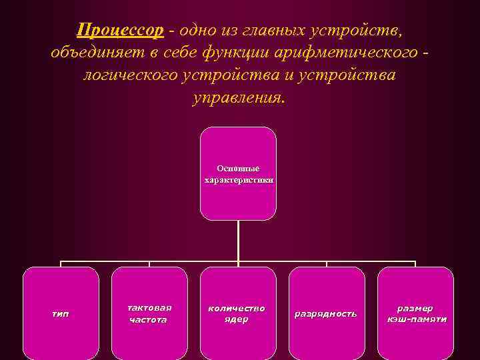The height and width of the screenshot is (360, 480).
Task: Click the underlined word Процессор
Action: (x=120, y=30)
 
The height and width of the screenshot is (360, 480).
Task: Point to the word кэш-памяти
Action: (x=416, y=319)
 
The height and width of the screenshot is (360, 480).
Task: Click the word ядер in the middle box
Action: (x=237, y=319)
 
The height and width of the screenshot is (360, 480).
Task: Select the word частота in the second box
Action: (x=149, y=320)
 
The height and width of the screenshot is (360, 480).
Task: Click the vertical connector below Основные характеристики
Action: (x=239, y=240)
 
